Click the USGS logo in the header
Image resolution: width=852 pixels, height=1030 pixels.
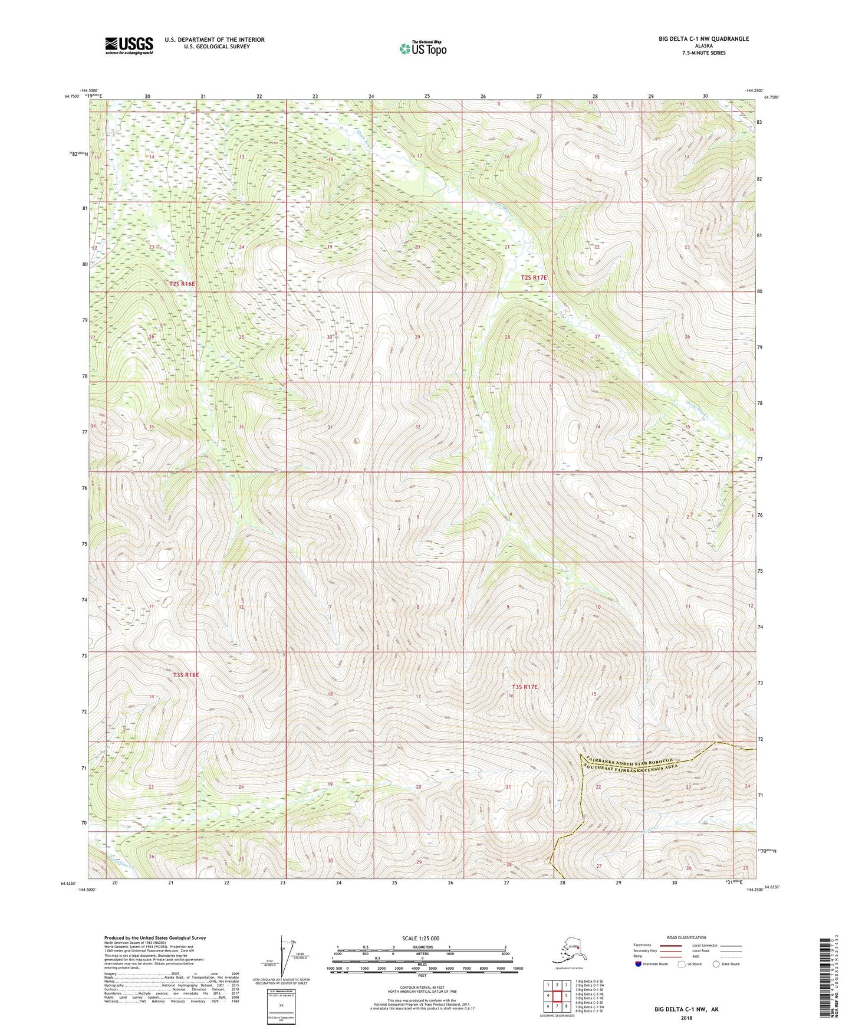click(x=129, y=45)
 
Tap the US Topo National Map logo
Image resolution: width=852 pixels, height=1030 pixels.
click(x=422, y=48)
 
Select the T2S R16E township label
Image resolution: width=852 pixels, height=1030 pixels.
click(x=182, y=284)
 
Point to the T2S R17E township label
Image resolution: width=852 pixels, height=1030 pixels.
click(x=533, y=277)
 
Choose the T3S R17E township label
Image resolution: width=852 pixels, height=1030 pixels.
click(x=524, y=687)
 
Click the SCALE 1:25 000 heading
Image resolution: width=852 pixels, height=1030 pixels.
click(x=422, y=939)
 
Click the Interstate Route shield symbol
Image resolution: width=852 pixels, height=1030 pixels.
click(x=639, y=965)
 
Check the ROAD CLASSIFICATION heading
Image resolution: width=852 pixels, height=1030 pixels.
click(x=687, y=937)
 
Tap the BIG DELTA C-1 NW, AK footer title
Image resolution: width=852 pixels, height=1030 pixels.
click(x=686, y=1009)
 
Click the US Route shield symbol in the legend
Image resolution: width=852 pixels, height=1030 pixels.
click(x=682, y=965)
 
